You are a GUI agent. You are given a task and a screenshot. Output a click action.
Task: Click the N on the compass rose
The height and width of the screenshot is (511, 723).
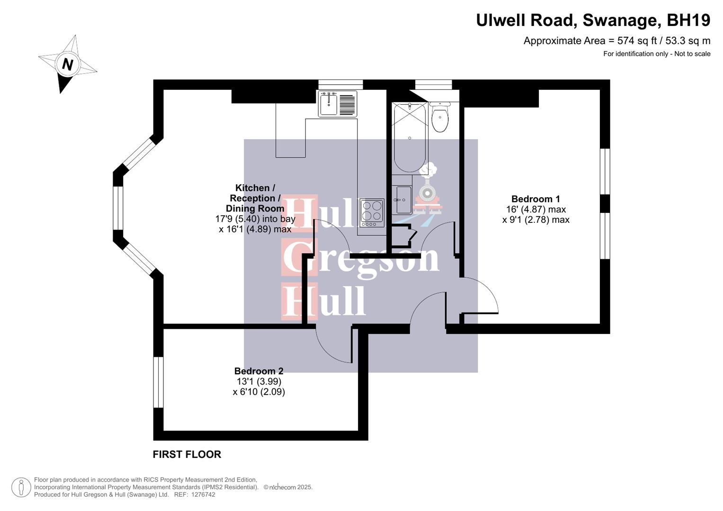pyautogui.click(x=68, y=64)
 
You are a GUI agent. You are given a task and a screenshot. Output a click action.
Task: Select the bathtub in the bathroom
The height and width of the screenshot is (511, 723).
pyautogui.click(x=410, y=137)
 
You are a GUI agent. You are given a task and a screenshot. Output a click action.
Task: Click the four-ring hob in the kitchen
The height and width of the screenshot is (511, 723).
pyautogui.click(x=372, y=211)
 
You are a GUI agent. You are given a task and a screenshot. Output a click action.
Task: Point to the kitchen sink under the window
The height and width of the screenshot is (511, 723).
pyautogui.click(x=329, y=104)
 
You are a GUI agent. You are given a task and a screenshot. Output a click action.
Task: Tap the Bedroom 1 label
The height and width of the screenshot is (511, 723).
pyautogui.click(x=535, y=199)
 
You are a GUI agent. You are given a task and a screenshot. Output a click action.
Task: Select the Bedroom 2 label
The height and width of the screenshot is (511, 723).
pyautogui.click(x=259, y=371)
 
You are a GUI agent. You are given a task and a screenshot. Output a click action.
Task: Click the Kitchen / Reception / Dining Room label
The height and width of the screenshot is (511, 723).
pyautogui.click(x=255, y=198)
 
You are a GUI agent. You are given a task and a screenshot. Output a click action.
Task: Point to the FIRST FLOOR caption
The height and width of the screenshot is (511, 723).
pyautogui.click(x=187, y=454)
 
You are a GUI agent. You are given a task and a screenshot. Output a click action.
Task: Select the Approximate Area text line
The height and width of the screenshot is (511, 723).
pyautogui.click(x=616, y=41)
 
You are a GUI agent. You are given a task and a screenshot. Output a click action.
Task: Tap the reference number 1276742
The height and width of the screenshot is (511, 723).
pyautogui.click(x=201, y=494)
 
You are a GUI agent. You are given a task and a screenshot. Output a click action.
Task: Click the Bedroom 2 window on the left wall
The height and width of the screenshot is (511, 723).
pyautogui.click(x=158, y=382)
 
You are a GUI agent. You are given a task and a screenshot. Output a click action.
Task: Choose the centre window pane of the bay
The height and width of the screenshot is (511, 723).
pyautogui.click(x=118, y=208)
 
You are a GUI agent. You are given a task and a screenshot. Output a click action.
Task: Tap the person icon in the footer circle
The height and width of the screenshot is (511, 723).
pyautogui.click(x=21, y=487)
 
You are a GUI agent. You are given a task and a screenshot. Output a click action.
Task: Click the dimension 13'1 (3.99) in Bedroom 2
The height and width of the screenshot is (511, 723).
pyautogui.click(x=259, y=381)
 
